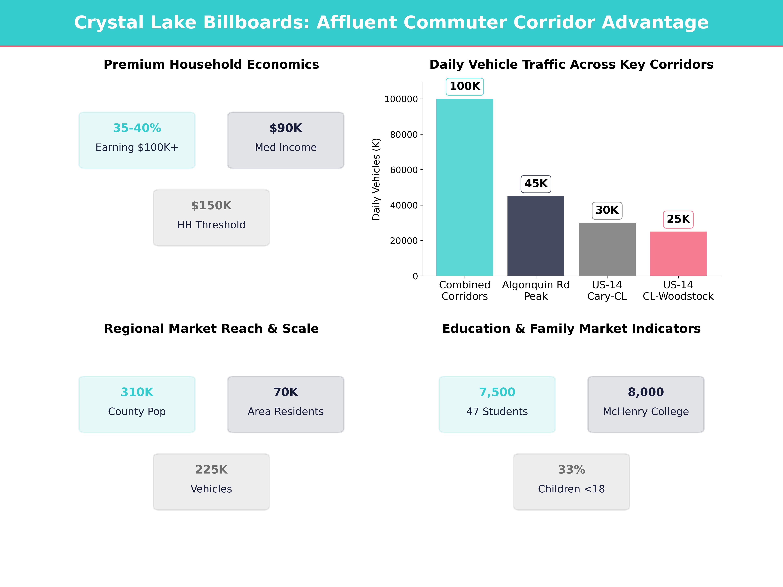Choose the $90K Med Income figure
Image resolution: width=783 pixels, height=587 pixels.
tap(286, 128)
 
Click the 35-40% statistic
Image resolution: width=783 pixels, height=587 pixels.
tap(137, 128)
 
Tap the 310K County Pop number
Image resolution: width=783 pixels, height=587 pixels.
tap(137, 392)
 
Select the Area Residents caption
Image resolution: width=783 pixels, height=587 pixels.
tap(286, 412)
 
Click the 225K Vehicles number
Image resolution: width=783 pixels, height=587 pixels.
tap(211, 470)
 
